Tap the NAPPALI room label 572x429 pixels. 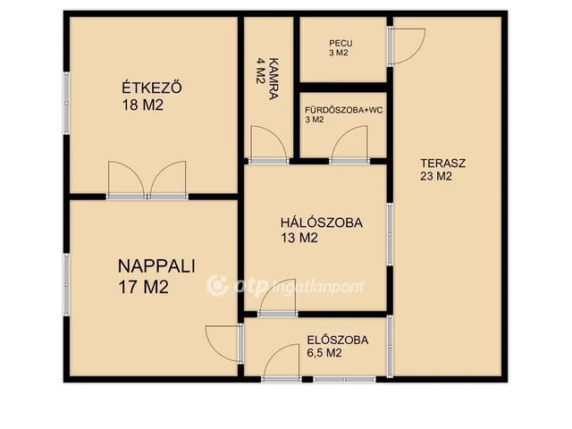pos(157,265)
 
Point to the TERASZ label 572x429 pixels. pos(443,163)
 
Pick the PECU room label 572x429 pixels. pos(341,42)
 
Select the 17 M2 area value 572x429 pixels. pos(144,287)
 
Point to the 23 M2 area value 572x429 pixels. pos(436,176)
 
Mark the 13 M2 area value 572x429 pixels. pos(299,238)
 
